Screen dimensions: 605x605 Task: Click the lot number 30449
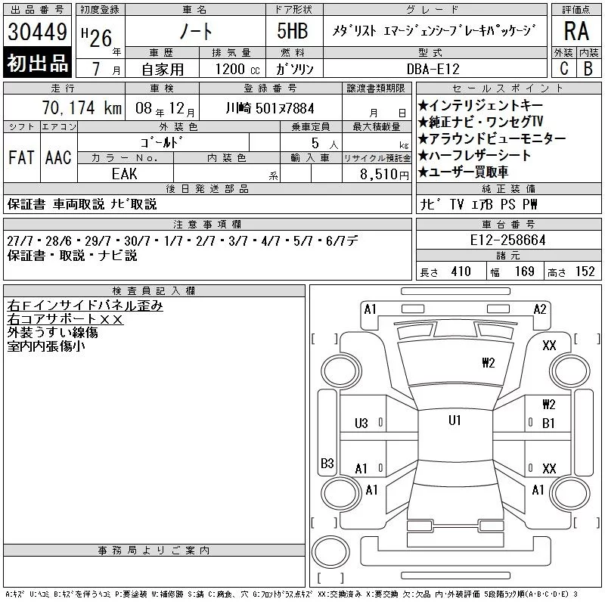pos(37,32)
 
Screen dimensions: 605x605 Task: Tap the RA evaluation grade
pos(576,31)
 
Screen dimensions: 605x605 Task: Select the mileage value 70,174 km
pos(82,108)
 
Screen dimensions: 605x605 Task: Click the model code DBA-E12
pos(433,69)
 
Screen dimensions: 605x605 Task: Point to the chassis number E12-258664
pos(507,240)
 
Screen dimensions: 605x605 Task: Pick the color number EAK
pos(124,174)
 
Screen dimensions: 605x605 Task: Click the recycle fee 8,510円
pos(384,174)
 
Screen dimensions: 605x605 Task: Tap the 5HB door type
pos(293,31)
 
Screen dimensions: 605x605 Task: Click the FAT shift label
pos(21,157)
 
